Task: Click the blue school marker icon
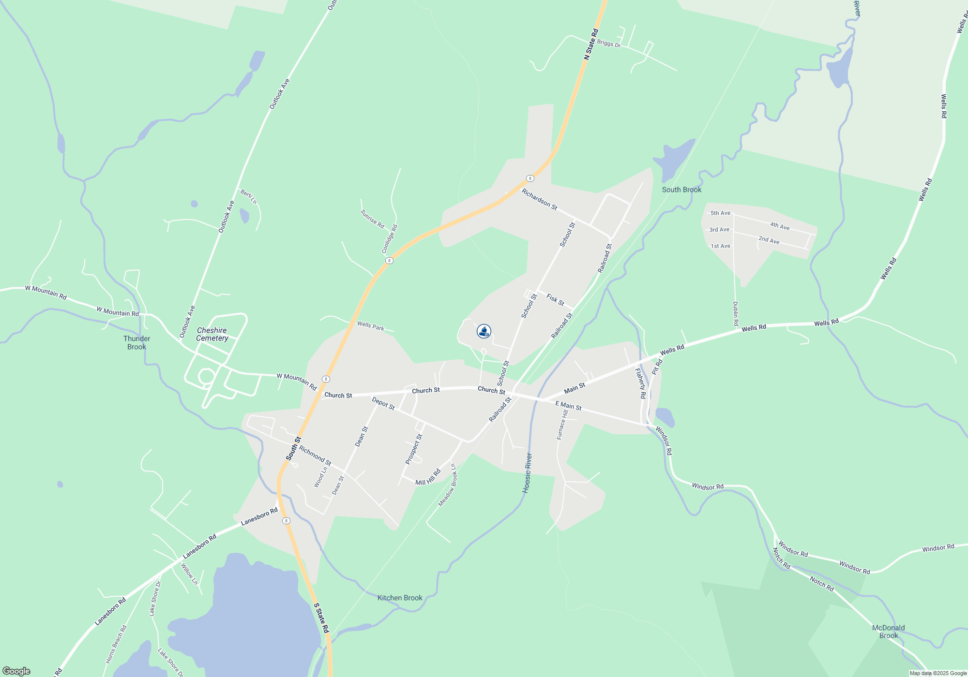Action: [484, 331]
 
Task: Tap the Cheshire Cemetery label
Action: [212, 334]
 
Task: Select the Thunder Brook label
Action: [136, 342]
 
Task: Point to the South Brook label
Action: [681, 190]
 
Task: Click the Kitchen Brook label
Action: [400, 598]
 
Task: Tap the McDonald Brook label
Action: [888, 632]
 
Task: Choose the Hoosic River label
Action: [527, 473]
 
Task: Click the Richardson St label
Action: [539, 199]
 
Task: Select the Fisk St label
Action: [555, 300]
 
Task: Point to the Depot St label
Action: [383, 403]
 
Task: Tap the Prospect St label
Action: [414, 449]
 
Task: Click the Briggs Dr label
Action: [608, 44]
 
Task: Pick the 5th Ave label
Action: [720, 213]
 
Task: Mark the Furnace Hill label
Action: [562, 425]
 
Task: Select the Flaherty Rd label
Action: [640, 383]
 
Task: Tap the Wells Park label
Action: [370, 326]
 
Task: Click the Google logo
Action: [16, 671]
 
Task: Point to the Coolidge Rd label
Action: [389, 239]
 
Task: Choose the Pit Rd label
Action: [657, 367]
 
